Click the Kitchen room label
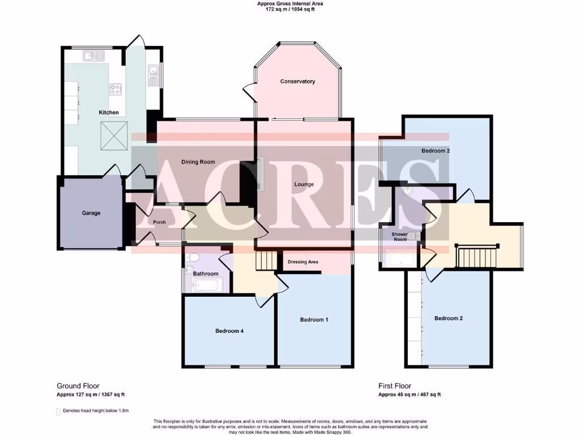[109, 113]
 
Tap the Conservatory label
[297, 82]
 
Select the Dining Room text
[198, 162]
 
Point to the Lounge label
[304, 184]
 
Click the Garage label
[91, 214]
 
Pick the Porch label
[160, 222]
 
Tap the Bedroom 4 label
[229, 331]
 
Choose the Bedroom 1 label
[314, 320]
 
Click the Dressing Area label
[303, 262]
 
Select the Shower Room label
[400, 236]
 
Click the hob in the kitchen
[116, 89]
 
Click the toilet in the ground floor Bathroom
[191, 258]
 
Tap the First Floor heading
[395, 386]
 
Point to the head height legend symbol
[58, 411]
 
